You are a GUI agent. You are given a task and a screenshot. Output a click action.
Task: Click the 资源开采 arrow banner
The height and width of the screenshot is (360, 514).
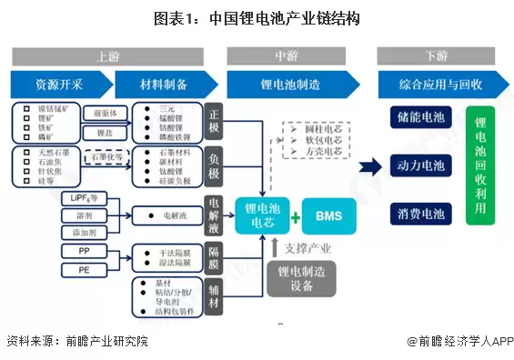pyautogui.click(x=59, y=85)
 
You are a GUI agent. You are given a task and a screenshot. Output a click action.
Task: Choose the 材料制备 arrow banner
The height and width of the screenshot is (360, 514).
pyautogui.click(x=164, y=85)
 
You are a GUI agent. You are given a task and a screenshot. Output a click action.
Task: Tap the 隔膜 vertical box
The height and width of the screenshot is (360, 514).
pyautogui.click(x=214, y=255)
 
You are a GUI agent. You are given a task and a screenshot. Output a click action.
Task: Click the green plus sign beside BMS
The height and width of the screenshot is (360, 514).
pyautogui.click(x=295, y=217)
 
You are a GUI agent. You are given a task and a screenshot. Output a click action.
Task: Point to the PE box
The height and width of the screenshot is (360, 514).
pyautogui.click(x=84, y=268)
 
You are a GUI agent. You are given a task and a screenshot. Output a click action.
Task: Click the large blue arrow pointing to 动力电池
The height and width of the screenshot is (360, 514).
pyautogui.click(x=369, y=166)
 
